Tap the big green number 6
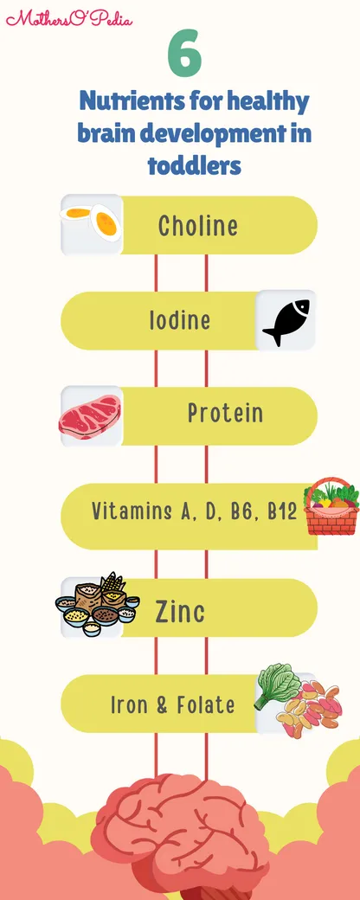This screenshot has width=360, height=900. pos(185,55)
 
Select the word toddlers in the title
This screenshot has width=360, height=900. pos(194,165)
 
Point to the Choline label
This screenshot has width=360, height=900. pos(198,225)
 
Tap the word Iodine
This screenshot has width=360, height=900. pos(180,320)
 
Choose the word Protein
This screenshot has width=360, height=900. pos(226,413)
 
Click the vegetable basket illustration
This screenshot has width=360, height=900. pos(331,506)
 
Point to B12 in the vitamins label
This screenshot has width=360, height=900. pos(282,511)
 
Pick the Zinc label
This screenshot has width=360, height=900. pos(180,611)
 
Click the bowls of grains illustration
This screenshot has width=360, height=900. pos(98,604)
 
